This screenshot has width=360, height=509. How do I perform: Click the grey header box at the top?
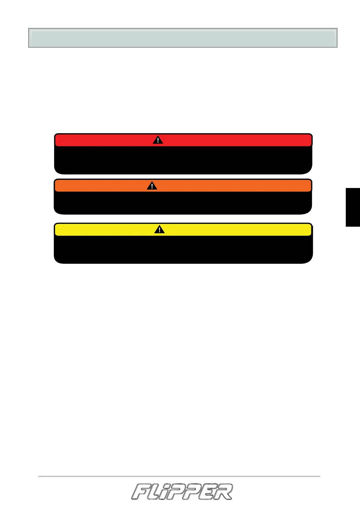coord(183,38)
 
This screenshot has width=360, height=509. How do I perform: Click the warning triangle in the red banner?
coord(158,140)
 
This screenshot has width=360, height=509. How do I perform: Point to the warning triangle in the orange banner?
coord(152,186)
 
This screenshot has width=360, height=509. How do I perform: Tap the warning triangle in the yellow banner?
coord(159,230)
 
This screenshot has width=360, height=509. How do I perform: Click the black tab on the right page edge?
coord(353,207)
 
